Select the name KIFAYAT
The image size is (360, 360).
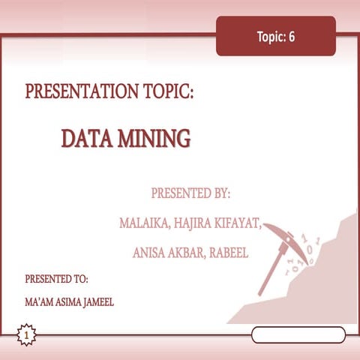[x=240, y=223]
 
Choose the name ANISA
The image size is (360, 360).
[x=150, y=253]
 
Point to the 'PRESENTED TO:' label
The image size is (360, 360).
[x=57, y=278]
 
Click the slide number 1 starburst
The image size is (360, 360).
[x=27, y=334]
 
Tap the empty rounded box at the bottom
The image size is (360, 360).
[x=298, y=334]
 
